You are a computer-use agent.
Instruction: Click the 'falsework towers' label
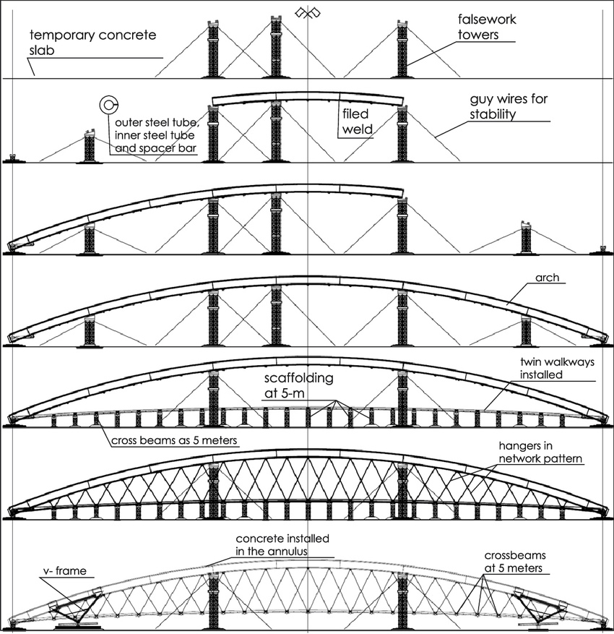pos(486,27)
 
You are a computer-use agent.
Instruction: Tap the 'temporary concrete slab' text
pos(92,42)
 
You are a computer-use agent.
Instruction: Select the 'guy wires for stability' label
pos(508,106)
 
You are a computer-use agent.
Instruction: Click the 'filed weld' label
pos(357,121)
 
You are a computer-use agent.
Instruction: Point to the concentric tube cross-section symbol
pos(108,105)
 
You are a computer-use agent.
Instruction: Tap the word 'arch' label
pos(547,278)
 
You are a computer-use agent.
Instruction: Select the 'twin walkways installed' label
pos(557,368)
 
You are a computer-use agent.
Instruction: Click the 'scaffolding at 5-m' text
pos(298,385)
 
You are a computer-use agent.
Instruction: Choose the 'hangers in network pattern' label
pos(540,452)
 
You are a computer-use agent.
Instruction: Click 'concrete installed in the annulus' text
pos(282,544)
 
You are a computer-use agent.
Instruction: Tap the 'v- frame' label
pos(64,571)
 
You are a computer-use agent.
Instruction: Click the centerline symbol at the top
pos(308,13)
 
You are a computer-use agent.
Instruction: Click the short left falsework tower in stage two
pos(90,146)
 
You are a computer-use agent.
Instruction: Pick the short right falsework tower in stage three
pos(526,238)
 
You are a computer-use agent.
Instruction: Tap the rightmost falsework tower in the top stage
pos(402,48)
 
